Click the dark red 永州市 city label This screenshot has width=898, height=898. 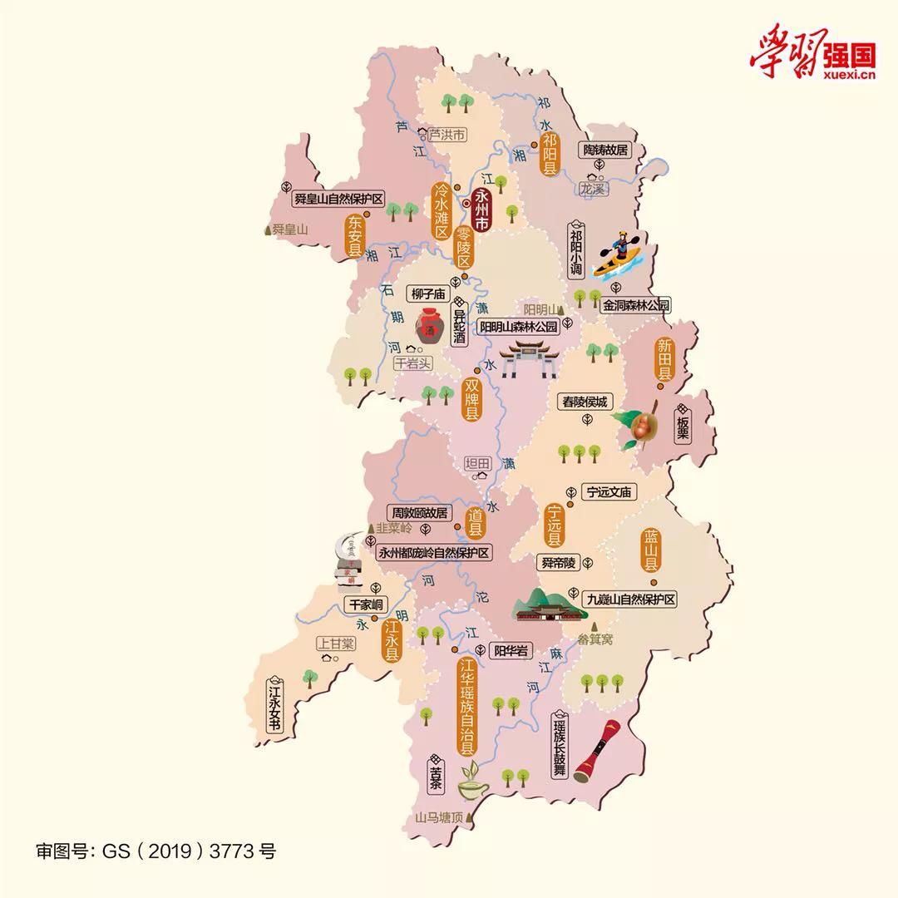(481, 212)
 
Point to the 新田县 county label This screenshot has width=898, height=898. (664, 359)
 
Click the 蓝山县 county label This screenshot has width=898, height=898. (650, 550)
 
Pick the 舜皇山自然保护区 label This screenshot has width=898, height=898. (338, 199)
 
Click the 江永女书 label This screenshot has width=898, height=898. (274, 707)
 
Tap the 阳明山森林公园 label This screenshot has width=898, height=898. (517, 327)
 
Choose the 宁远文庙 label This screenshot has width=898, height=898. (609, 492)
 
